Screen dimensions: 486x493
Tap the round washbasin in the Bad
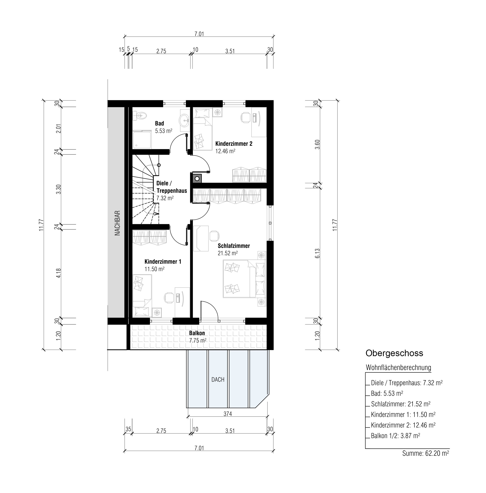point(184,119)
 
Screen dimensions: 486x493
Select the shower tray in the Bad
point(142,140)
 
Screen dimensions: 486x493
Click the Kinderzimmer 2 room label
point(234,144)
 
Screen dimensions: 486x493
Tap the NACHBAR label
point(117,223)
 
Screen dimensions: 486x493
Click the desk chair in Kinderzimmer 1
point(169,298)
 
